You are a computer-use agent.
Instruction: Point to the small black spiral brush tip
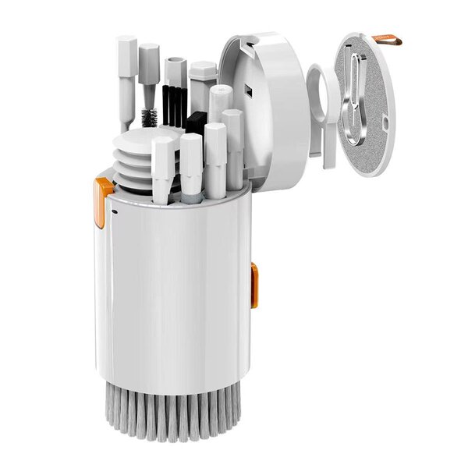[x=148, y=118]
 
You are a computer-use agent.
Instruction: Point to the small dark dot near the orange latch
[x=114, y=209]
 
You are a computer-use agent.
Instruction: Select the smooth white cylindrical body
[x=175, y=296]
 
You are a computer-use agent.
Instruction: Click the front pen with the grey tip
[x=191, y=168]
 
